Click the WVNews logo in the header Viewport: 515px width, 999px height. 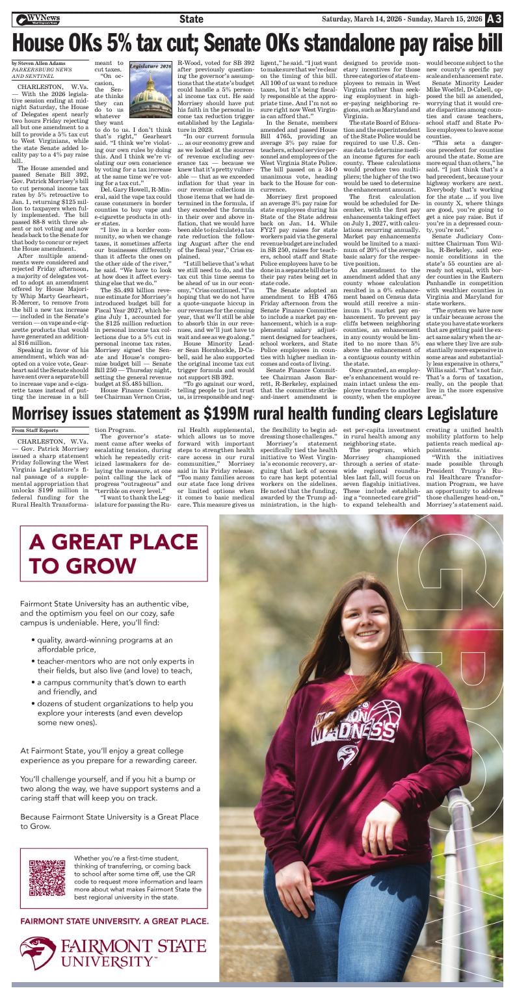tap(39, 19)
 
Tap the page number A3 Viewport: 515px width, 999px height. tap(494, 19)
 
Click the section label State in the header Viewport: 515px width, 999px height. tap(191, 19)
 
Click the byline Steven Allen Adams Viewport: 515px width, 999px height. tap(39, 62)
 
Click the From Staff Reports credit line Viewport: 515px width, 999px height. tap(34, 430)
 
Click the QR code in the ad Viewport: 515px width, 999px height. tap(47, 878)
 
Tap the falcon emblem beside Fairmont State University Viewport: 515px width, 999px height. tap(37, 953)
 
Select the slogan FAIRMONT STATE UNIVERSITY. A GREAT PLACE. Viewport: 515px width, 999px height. tap(114, 921)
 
